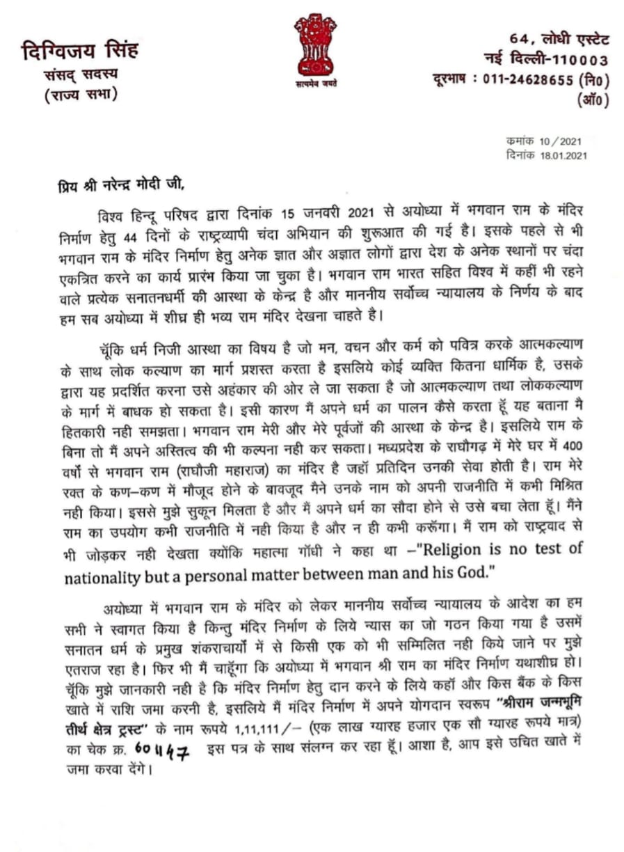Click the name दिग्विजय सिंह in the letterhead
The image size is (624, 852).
click(x=79, y=51)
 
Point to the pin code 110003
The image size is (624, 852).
click(x=579, y=60)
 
